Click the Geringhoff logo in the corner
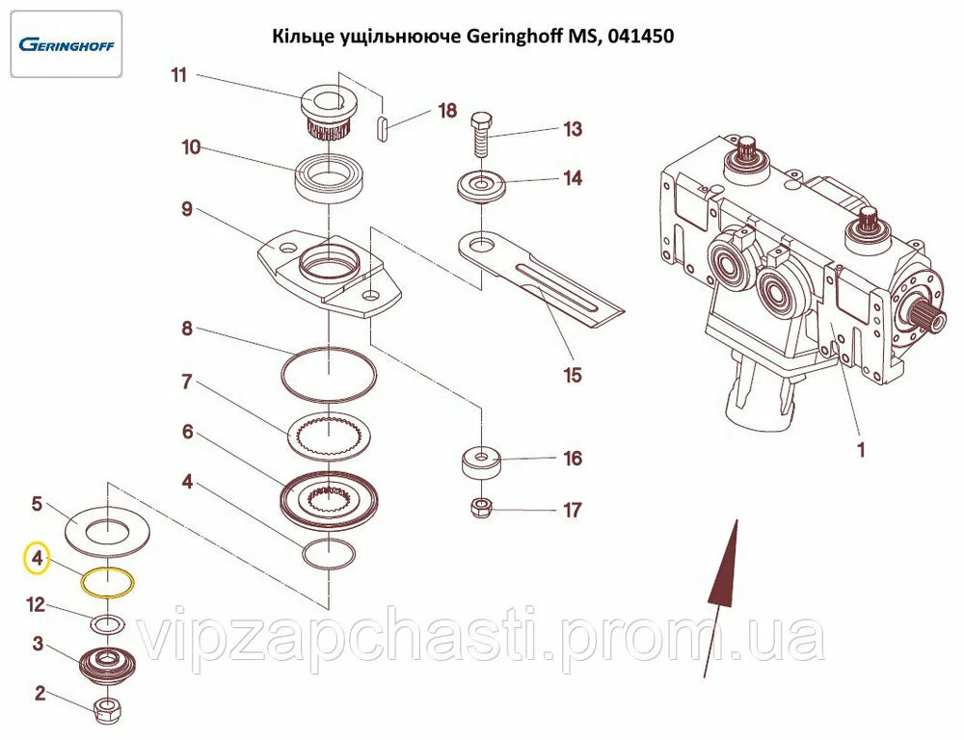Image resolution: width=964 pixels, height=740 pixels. click(66, 44)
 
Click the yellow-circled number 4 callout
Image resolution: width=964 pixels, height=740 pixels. click(37, 558)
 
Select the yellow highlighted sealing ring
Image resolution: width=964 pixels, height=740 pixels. click(106, 583)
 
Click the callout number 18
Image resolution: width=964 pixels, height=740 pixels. click(447, 111)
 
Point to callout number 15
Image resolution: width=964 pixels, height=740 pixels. click(573, 375)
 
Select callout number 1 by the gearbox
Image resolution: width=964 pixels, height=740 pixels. click(861, 449)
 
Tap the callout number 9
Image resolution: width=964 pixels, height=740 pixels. click(187, 209)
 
